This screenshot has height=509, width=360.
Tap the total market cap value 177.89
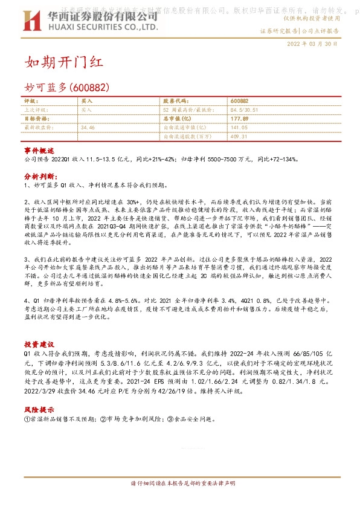[x=240, y=119]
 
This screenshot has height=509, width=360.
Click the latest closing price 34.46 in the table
[x=88, y=128]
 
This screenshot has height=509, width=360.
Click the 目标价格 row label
[x=34, y=119]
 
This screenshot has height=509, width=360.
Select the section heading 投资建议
[x=39, y=342]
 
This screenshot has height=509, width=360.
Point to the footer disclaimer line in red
[x=179, y=484]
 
